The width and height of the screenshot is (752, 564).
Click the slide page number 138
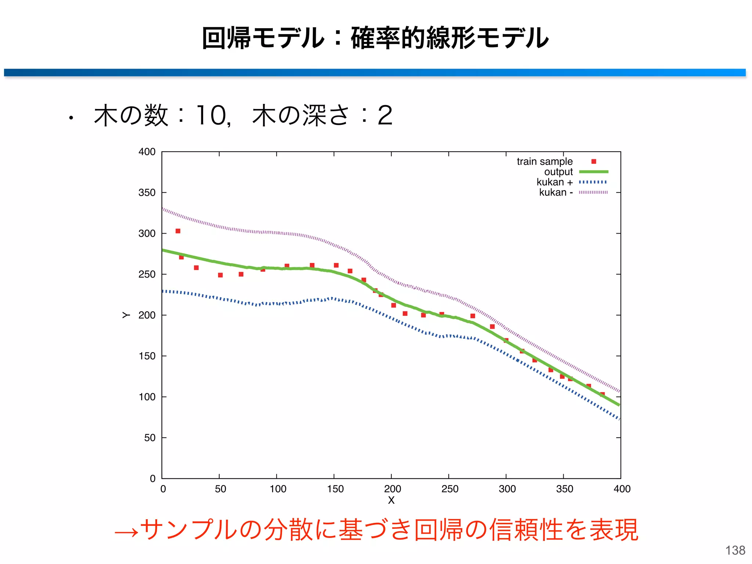(735, 550)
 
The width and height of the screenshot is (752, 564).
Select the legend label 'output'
(558, 172)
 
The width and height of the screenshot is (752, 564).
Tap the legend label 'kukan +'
(554, 182)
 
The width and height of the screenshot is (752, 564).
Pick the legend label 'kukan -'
(556, 192)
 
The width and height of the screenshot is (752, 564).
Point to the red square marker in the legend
(594, 162)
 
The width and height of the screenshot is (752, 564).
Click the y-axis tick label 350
(147, 192)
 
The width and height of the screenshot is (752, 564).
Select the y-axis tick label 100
(147, 397)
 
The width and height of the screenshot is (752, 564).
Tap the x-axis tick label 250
(450, 489)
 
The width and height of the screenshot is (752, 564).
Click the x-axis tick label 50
(220, 489)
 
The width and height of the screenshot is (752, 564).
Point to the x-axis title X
(391, 500)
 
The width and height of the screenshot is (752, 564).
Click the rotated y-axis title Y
(126, 315)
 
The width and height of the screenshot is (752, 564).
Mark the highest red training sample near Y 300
(178, 231)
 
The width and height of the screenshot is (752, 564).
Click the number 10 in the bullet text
(211, 116)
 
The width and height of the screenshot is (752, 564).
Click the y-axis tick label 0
(152, 478)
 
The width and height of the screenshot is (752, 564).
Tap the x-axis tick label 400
(622, 489)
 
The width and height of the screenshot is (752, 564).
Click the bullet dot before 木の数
(71, 118)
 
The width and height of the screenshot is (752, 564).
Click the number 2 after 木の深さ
(385, 116)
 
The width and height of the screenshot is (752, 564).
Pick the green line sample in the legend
(593, 172)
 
